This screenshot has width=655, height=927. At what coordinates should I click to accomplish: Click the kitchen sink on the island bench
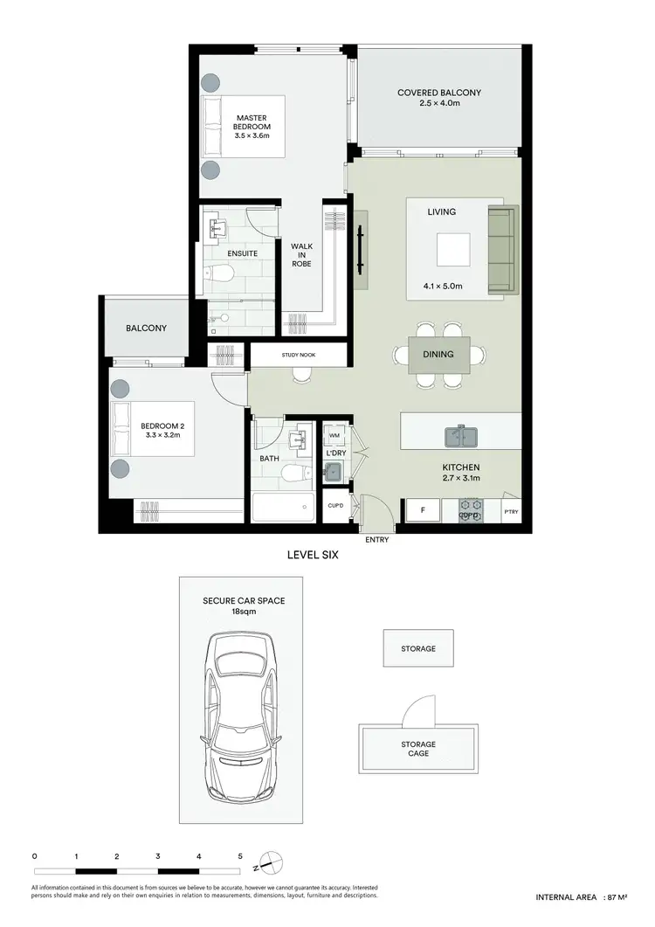460,434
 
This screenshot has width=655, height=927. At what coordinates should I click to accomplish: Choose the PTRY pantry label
511,512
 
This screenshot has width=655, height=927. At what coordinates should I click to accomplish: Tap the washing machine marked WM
334,435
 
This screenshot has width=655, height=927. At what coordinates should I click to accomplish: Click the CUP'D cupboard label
334,505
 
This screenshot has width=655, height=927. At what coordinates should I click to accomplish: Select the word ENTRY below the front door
377,540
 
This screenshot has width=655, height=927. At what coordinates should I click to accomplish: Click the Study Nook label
299,355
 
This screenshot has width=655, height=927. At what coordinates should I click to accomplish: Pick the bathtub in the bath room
282,507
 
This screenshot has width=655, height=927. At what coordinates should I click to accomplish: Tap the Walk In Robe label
302,254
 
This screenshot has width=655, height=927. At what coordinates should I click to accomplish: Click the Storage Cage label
418,749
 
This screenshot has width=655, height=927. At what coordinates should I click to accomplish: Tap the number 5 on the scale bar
240,857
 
